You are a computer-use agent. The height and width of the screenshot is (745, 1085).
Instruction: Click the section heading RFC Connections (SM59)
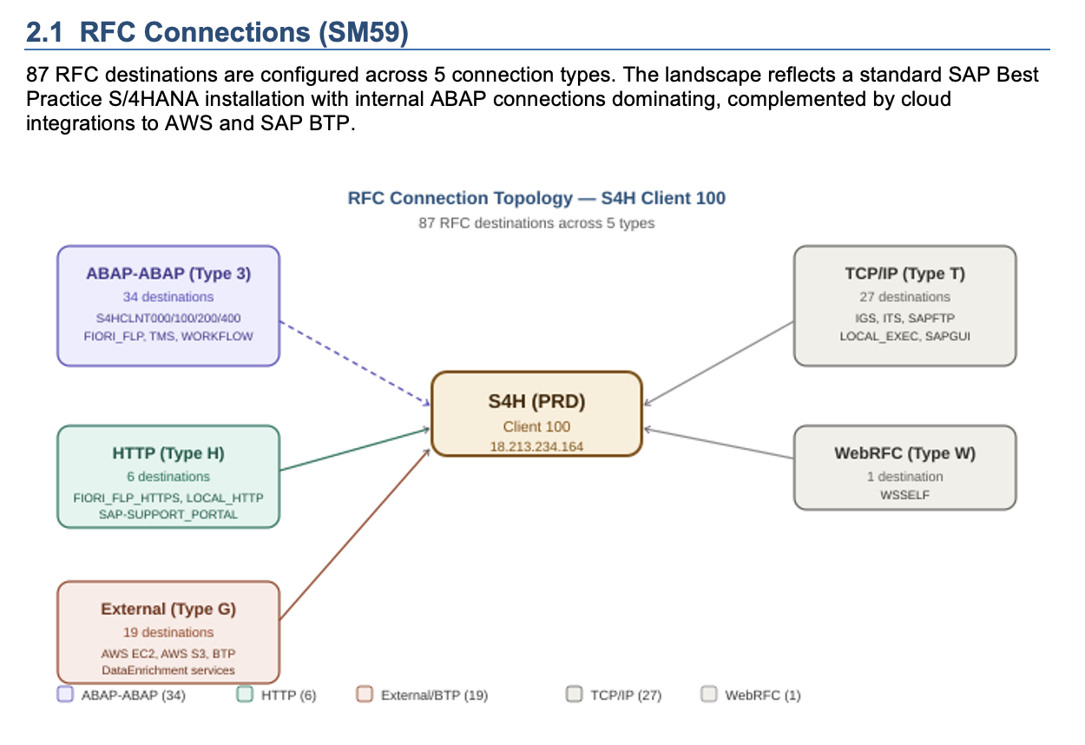click(x=217, y=32)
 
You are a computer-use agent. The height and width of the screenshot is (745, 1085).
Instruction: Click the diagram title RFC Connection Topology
click(x=536, y=198)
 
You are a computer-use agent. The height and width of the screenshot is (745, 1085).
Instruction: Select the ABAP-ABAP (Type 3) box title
click(x=168, y=274)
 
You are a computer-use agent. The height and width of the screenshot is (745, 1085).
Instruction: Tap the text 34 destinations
click(x=168, y=297)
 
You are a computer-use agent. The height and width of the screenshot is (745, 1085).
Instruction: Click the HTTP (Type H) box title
click(x=168, y=453)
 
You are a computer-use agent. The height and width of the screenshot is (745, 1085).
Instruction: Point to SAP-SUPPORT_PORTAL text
click(x=168, y=514)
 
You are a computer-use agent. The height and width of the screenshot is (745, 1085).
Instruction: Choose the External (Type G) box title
click(x=168, y=609)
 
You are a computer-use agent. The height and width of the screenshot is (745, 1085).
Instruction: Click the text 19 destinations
click(x=168, y=632)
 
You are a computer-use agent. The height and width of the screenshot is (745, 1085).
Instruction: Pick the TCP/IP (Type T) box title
click(x=904, y=274)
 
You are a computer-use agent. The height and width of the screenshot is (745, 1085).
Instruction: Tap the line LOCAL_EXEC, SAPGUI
click(x=904, y=335)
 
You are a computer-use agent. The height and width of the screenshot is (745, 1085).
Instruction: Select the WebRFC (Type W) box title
click(x=904, y=453)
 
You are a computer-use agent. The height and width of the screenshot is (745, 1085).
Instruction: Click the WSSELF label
click(x=904, y=493)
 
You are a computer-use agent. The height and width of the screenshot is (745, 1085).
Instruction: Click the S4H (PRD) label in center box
click(x=536, y=401)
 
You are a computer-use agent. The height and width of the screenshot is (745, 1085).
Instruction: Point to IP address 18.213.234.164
click(x=536, y=446)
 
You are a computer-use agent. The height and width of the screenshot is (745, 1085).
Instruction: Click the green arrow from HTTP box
click(x=356, y=449)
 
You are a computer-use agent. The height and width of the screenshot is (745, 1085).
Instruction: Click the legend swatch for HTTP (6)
click(x=245, y=695)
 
